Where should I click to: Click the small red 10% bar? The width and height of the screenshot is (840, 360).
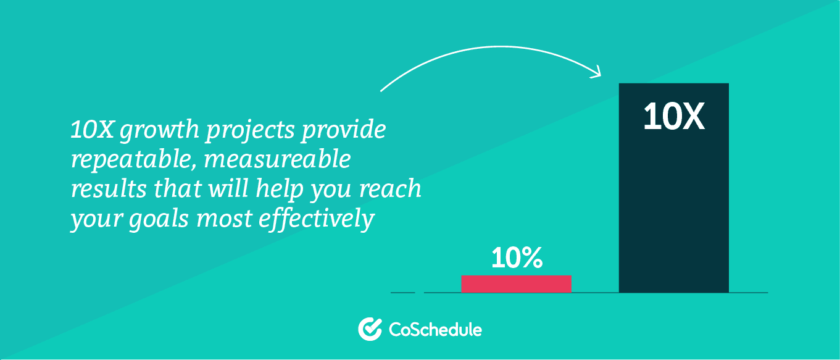(516, 284)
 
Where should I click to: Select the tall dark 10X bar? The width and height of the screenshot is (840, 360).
(674, 188)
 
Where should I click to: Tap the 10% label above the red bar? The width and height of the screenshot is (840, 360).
(517, 258)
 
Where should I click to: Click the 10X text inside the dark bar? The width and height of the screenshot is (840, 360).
(674, 117)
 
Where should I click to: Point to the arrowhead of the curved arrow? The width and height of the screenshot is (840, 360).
(597, 73)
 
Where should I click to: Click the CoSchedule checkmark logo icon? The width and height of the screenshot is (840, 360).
(370, 329)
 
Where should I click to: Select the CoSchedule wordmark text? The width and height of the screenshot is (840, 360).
(435, 330)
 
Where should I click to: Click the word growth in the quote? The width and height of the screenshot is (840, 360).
(159, 130)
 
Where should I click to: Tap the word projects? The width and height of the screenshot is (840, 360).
(250, 130)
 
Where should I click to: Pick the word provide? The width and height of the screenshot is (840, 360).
(343, 130)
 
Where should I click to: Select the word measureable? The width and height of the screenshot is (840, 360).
(277, 159)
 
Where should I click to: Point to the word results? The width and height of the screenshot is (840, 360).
(109, 188)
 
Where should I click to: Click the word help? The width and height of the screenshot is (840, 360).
(280, 189)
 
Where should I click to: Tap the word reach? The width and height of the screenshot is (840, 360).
(391, 188)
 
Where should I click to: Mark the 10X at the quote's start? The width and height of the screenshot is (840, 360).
(92, 130)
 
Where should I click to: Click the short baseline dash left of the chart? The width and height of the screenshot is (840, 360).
(403, 293)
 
